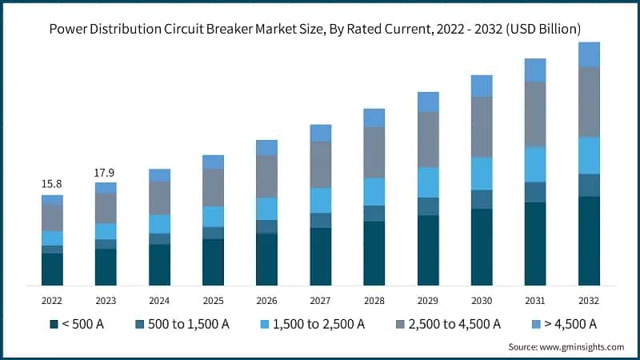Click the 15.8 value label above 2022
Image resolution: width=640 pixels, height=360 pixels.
(x=52, y=184)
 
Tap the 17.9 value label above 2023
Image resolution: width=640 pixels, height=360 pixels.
(x=106, y=171)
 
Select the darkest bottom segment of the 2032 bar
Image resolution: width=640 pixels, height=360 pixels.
(x=589, y=240)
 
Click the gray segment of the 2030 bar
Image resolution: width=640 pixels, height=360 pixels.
(x=482, y=126)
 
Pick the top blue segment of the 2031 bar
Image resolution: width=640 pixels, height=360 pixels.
(x=535, y=70)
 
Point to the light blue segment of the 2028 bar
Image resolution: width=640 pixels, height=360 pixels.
(x=374, y=191)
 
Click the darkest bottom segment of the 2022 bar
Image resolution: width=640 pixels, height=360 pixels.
(x=52, y=269)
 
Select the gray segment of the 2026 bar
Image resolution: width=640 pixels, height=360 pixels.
(x=266, y=176)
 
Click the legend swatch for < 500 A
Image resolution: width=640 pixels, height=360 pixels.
(x=54, y=324)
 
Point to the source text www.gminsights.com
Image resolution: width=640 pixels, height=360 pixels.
(x=583, y=347)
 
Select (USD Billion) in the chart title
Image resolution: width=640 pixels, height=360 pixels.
(x=541, y=29)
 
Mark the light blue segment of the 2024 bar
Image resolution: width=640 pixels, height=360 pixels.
(x=159, y=224)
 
